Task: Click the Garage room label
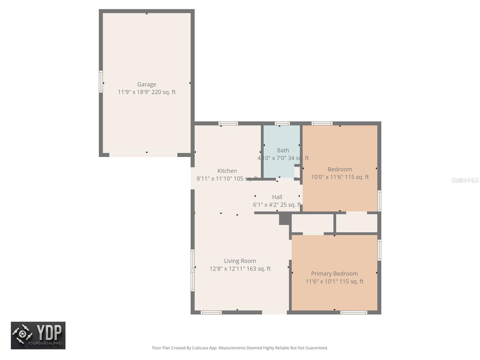[146, 84]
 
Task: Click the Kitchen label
[227, 171]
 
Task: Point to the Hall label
[277, 197]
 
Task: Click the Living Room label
[240, 261]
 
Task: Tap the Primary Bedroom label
[334, 274]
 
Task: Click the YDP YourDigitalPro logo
[38, 335]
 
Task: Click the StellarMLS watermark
[465, 180]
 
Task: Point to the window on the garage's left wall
[101, 82]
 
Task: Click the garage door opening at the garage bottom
[143, 155]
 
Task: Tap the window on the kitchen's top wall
[228, 123]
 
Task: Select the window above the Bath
[282, 123]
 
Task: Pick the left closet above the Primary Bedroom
[312, 223]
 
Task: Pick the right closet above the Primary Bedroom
[356, 223]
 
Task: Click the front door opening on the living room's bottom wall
[274, 312]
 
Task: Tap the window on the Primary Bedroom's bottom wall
[354, 312]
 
